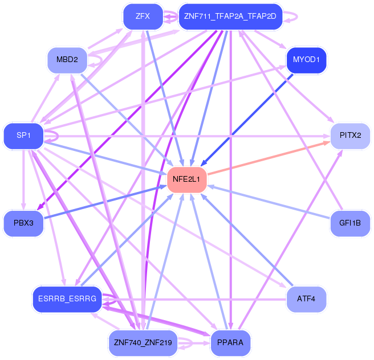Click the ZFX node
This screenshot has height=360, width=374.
click(143, 17)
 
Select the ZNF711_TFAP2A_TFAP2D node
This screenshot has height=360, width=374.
click(230, 17)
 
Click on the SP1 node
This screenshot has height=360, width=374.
click(23, 136)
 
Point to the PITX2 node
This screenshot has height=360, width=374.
click(351, 136)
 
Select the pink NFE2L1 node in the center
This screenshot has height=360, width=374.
click(186, 179)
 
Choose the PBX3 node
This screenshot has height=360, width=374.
click(23, 223)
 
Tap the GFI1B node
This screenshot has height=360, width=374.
click(351, 223)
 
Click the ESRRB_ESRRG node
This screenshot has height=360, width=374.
click(67, 298)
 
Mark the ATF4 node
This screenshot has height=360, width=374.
click(306, 298)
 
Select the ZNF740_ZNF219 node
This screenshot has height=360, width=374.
click(143, 342)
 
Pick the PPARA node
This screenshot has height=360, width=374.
click(230, 342)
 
